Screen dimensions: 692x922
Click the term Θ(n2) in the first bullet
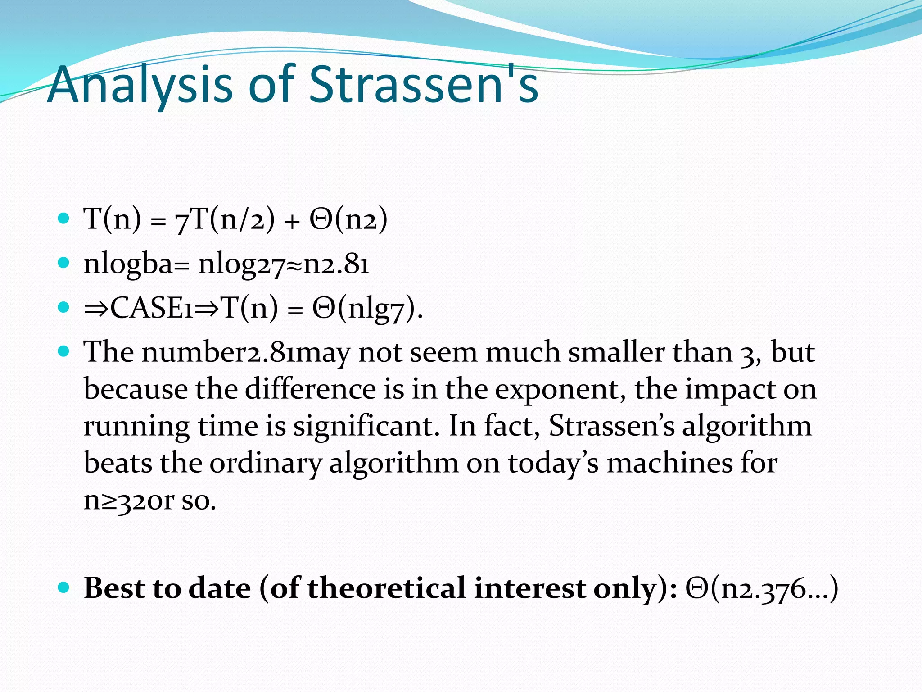point(348,219)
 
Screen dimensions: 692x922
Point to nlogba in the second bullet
point(128,264)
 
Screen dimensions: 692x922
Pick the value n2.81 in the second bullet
point(336,264)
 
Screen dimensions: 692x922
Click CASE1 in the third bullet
point(152,309)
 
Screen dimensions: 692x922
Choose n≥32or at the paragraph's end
point(128,501)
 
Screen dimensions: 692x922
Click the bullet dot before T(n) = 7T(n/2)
point(64,219)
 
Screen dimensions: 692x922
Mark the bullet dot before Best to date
point(64,588)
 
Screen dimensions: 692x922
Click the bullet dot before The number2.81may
point(64,351)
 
